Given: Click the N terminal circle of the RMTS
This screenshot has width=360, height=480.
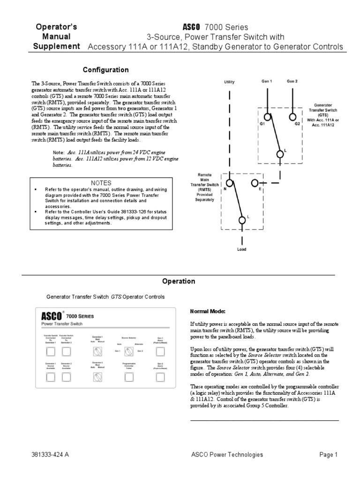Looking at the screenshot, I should [230, 183].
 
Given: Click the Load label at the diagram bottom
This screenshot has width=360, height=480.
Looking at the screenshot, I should [241, 249].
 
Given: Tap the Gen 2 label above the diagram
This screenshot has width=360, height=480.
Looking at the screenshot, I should [292, 81].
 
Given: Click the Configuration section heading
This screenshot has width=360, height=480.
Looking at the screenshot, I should [105, 70].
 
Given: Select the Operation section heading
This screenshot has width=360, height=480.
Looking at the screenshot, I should [178, 282].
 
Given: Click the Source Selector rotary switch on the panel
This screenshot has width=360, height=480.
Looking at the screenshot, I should [126, 351].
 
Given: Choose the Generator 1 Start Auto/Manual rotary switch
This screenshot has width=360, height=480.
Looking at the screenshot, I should [97, 351].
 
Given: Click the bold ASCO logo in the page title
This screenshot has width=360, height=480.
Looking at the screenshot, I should [195, 27].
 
